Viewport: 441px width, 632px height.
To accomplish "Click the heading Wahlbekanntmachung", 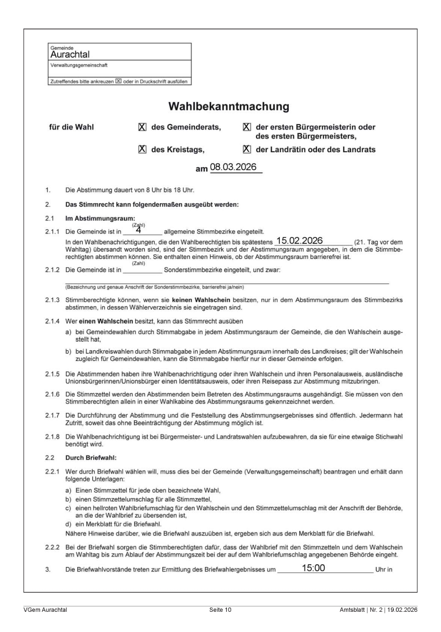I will [x=229, y=106].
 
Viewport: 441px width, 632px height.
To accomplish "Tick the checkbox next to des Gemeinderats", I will [x=143, y=127].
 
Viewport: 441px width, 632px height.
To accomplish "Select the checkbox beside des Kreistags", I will [x=143, y=150].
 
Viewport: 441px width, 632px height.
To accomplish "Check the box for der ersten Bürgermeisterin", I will [x=247, y=127].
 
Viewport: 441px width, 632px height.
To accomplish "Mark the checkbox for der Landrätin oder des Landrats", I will [x=247, y=150].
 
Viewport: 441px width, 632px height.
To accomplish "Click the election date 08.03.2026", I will [x=233, y=167].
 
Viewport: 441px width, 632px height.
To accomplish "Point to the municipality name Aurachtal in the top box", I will [x=70, y=55].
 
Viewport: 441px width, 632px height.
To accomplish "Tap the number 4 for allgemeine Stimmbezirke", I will [x=139, y=230].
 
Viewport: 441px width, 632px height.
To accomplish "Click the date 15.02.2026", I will [x=299, y=241].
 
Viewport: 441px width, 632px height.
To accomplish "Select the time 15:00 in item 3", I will [x=313, y=568].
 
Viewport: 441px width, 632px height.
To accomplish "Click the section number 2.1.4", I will [x=53, y=321].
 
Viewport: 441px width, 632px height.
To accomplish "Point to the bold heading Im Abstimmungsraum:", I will [x=100, y=219].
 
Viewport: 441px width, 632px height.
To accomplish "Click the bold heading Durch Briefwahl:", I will [x=91, y=458].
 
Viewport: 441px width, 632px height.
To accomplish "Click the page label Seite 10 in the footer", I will [x=220, y=610].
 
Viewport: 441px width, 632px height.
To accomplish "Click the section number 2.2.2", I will [x=53, y=547].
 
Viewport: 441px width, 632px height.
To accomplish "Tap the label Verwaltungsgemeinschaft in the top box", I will [x=79, y=65].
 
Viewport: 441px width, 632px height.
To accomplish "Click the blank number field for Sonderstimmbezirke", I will [x=142, y=270].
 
